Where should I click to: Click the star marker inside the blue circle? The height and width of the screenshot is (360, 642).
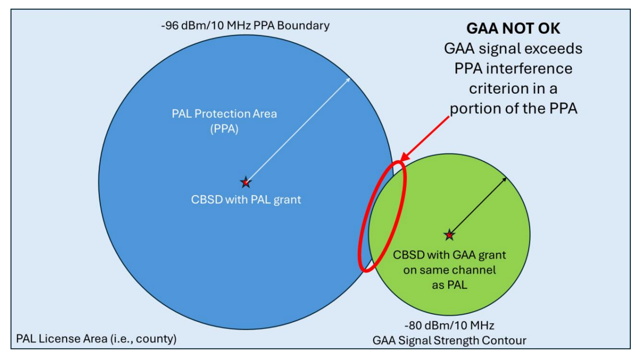coord(246,182)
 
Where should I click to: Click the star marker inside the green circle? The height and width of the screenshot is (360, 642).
coord(449,235)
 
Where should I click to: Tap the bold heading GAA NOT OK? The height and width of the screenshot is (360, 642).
coord(513,28)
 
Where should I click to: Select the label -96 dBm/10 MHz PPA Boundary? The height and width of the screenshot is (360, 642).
coord(245,25)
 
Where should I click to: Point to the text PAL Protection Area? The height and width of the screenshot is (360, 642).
coord(224,113)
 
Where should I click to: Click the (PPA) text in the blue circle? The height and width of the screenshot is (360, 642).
coord(224,129)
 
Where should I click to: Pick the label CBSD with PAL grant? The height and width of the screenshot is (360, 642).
coord(246,199)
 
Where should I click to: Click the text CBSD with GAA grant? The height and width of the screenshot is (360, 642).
coord(450,255)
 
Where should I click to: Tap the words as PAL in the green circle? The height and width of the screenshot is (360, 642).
coord(450,285)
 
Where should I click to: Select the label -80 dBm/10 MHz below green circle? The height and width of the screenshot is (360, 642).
coord(450,325)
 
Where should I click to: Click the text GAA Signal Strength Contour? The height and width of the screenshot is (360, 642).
coord(450,340)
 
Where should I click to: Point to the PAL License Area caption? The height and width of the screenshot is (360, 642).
coord(96,339)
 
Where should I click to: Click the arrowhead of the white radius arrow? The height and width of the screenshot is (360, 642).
coord(349,79)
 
